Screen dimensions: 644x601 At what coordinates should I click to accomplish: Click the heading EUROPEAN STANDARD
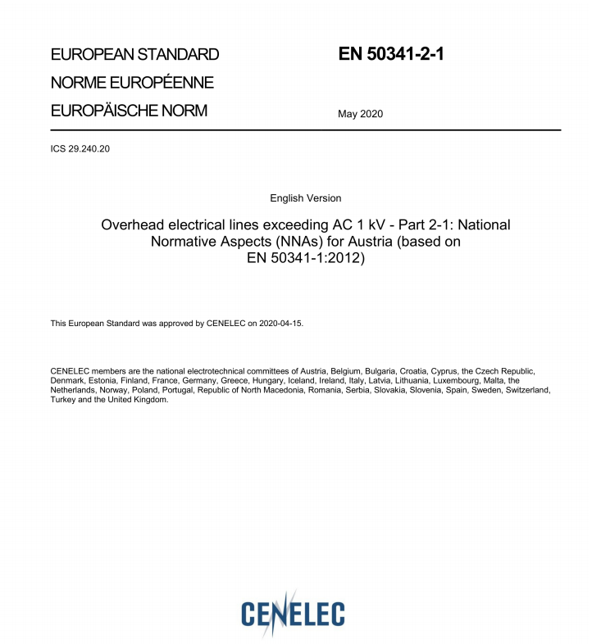(134, 55)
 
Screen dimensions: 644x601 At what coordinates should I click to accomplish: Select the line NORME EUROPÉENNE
(132, 83)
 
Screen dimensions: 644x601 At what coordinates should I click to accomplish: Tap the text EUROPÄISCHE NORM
(129, 111)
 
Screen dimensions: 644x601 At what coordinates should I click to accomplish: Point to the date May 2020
(360, 114)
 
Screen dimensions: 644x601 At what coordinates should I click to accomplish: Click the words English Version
(305, 198)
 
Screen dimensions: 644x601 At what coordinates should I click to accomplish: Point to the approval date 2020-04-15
(281, 324)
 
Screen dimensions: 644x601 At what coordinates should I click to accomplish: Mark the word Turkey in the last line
(63, 400)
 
